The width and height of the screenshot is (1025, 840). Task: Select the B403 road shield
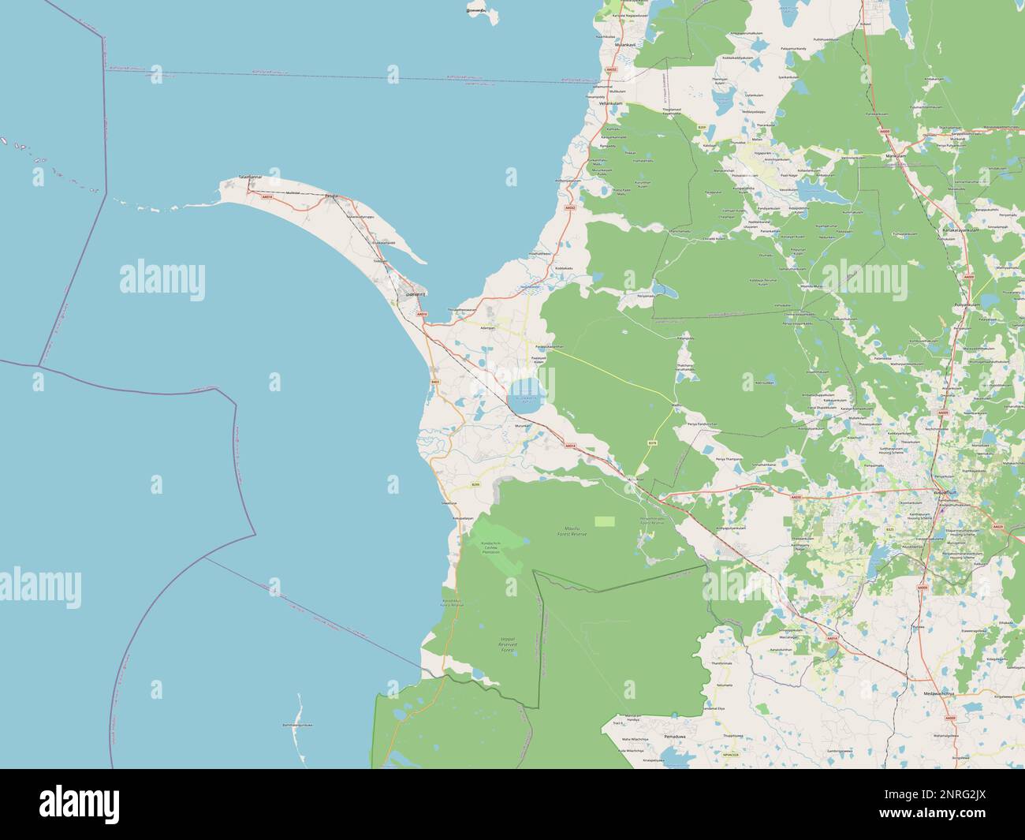pyautogui.click(x=434, y=382)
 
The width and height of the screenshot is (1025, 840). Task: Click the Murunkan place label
pyautogui.click(x=524, y=426)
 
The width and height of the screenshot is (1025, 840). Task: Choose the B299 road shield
pyautogui.click(x=475, y=484)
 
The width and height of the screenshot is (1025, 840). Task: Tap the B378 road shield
pyautogui.click(x=652, y=443)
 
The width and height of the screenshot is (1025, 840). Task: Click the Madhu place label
pyautogui.click(x=676, y=405)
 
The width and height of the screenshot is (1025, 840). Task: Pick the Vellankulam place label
pyautogui.click(x=611, y=103)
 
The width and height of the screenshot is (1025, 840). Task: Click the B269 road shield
pyautogui.click(x=702, y=127)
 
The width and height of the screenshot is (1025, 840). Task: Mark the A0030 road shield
pyautogui.click(x=796, y=497)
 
